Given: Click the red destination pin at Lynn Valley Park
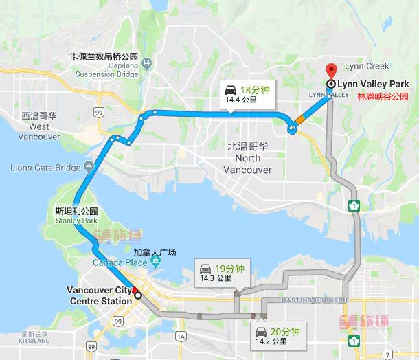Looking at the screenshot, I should [331, 71].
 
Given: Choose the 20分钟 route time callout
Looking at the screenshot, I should [278, 335].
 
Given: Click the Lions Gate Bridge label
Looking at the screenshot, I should [45, 168].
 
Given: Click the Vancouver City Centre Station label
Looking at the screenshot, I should [100, 295].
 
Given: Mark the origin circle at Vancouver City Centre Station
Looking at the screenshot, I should [138, 295].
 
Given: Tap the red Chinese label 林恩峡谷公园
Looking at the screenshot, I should [382, 97].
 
